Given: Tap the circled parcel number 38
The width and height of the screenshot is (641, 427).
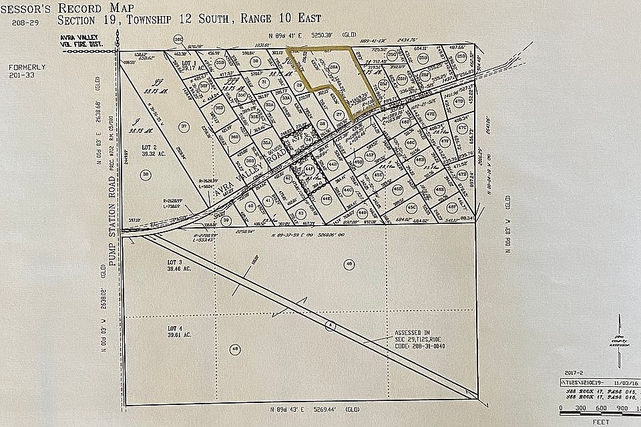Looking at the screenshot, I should tap(145, 174).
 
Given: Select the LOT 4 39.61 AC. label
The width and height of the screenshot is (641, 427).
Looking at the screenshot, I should tap(175, 332).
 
